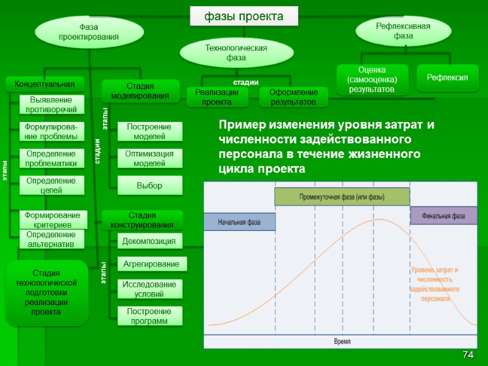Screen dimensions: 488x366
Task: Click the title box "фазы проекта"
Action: tap(243, 16)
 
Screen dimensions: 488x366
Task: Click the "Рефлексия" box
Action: tap(447, 77)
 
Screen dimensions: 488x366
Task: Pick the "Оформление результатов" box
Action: tap(293, 97)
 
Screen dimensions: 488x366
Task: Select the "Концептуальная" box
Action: tap(41, 84)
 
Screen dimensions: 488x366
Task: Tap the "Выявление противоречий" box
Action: tap(52, 104)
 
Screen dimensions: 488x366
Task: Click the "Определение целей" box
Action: tap(52, 185)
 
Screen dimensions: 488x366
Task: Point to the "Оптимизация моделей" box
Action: tap(149, 159)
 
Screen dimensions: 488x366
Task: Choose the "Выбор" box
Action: tap(149, 185)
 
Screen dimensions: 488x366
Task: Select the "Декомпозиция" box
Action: tap(149, 242)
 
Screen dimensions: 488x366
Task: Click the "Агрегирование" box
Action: tap(151, 264)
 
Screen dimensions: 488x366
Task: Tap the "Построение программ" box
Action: tap(149, 316)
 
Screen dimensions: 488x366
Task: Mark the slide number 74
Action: tap(468, 355)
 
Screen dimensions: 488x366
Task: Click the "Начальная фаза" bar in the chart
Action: tap(239, 222)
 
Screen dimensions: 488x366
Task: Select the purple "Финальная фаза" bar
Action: tap(442, 216)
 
